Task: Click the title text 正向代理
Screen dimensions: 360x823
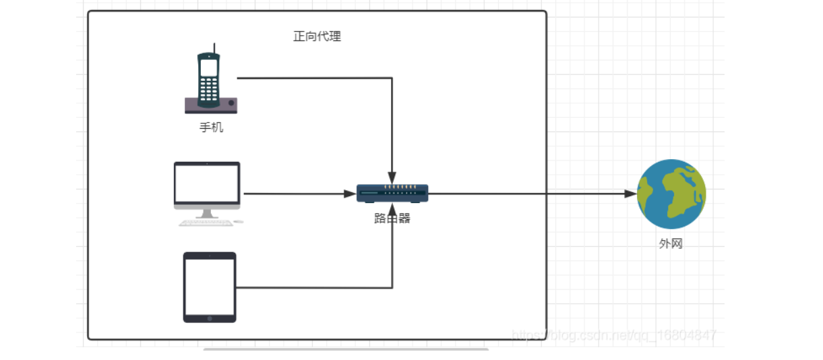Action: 317,36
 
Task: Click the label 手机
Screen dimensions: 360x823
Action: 211,127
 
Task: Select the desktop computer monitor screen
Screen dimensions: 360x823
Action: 207,183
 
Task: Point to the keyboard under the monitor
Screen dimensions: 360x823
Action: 206,222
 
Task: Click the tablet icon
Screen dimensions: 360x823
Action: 210,287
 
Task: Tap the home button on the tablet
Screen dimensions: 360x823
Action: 210,318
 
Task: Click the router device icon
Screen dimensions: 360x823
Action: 392,193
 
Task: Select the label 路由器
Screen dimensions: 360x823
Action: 392,218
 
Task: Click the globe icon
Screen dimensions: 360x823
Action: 671,193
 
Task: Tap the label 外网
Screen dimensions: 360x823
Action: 671,243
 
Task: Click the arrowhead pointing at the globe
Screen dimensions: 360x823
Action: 630,193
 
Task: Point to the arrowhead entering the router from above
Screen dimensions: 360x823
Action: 392,178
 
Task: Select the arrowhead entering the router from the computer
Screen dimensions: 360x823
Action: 350,193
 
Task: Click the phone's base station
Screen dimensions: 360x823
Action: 211,104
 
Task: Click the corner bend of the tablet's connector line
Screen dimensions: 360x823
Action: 392,288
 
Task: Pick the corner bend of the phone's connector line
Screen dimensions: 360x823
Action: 392,78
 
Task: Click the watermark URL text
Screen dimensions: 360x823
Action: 613,334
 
